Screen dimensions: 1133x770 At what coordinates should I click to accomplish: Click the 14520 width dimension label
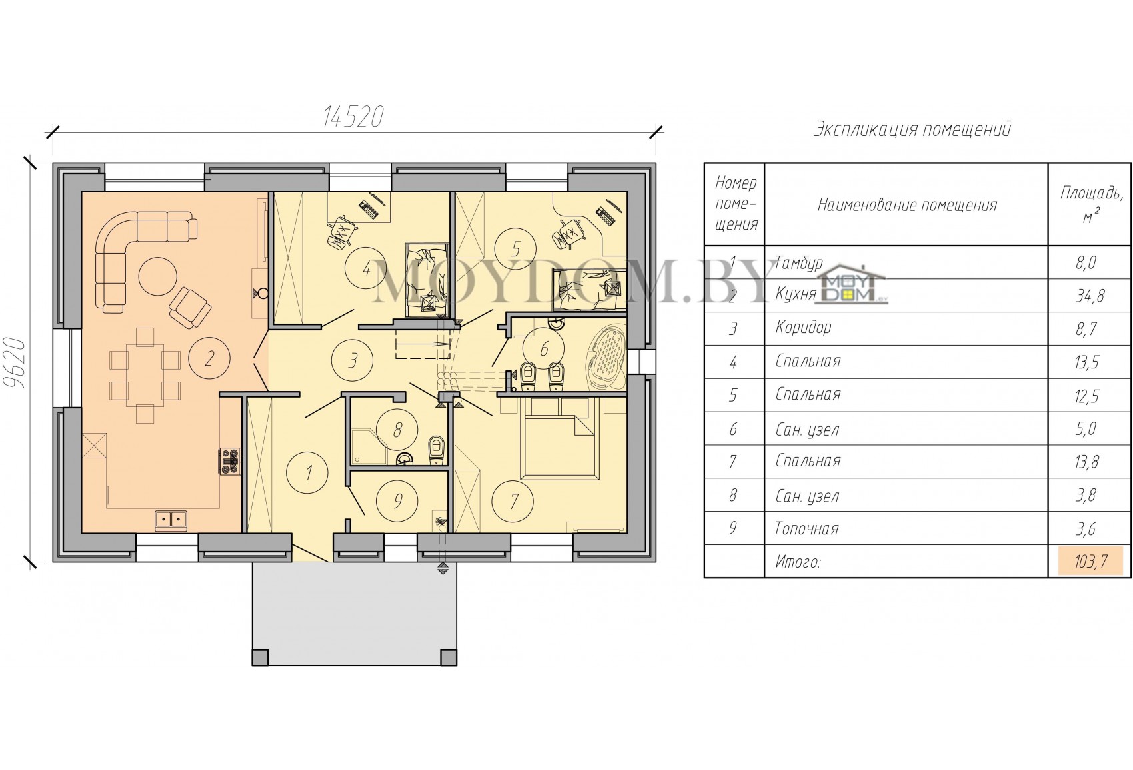353,117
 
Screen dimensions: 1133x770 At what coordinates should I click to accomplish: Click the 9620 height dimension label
15,362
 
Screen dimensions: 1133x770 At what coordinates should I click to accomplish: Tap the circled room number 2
209,358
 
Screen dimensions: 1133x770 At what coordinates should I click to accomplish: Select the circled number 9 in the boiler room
398,501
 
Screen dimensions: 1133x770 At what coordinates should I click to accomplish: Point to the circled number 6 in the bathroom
544,348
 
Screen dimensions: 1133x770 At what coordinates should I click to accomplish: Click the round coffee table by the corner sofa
158,276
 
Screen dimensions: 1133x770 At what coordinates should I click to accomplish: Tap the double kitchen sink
171,520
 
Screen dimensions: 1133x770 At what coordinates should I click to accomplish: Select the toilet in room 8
436,450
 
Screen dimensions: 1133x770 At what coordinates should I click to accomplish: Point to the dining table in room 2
145,376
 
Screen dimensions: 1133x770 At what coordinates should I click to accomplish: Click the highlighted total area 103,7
1090,562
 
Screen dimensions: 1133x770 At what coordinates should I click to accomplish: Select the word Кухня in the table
796,294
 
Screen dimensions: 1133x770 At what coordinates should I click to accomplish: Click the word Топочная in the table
806,528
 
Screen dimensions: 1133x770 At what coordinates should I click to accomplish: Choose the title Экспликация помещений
912,129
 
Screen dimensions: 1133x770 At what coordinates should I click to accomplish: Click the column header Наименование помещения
908,205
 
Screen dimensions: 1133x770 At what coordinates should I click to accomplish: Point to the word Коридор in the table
803,328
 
